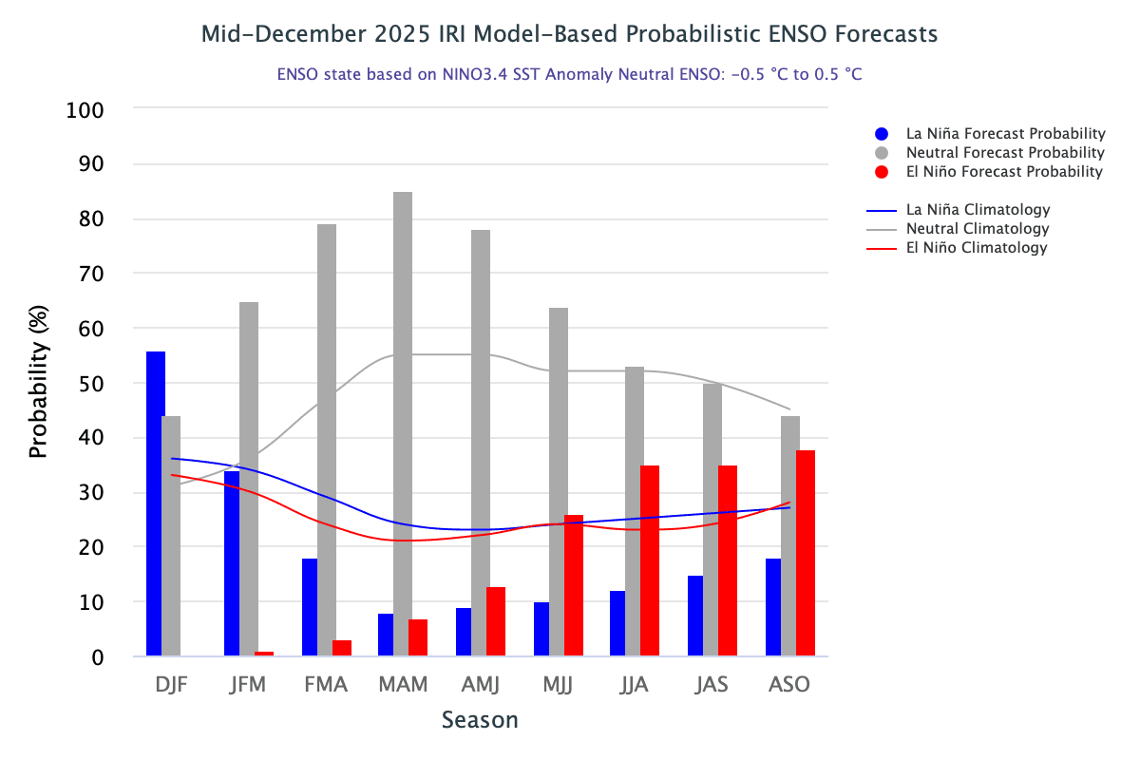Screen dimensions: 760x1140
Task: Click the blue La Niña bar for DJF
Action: tap(156, 503)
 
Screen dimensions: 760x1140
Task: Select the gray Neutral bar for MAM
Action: tap(403, 424)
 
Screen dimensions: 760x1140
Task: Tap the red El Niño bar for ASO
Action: tap(806, 553)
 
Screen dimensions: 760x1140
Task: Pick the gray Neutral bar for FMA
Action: tap(325, 440)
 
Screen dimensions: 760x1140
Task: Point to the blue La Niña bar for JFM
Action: tap(232, 563)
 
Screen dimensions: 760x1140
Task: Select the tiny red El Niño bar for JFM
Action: tap(264, 654)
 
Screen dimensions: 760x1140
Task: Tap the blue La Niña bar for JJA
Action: tap(617, 623)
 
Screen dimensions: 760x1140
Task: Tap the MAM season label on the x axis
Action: tap(403, 685)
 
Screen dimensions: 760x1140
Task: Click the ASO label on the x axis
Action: tap(789, 685)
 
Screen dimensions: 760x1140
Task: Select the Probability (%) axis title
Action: tap(38, 382)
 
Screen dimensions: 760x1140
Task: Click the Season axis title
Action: tap(480, 720)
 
